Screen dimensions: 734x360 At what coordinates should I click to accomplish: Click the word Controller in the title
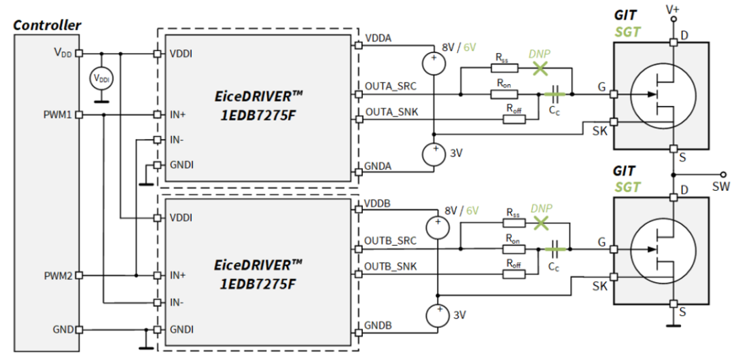point(47,25)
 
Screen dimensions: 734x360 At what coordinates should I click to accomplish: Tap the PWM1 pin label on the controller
point(58,115)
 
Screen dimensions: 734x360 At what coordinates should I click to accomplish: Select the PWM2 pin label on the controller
point(58,276)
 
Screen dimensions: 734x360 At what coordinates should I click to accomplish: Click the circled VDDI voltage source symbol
point(101,79)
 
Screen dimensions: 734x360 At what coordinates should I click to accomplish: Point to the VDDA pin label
point(379,39)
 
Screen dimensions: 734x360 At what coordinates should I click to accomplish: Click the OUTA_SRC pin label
point(390,86)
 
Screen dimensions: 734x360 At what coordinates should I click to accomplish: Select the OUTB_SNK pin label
point(390,267)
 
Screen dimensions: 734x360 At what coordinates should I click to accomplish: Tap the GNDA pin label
point(379,166)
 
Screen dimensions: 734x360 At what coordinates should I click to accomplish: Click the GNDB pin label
point(379,325)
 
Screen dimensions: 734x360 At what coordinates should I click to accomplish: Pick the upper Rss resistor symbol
point(504,69)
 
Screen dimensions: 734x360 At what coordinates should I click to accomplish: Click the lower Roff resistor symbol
point(514,274)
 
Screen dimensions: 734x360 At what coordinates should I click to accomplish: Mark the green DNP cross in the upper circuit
point(540,69)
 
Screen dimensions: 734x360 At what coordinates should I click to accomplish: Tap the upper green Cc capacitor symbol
point(555,94)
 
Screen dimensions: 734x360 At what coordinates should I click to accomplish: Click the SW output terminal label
point(721,186)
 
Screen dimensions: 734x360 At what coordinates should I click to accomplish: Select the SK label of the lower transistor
point(599,286)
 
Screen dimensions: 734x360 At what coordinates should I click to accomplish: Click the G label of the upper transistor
point(601,87)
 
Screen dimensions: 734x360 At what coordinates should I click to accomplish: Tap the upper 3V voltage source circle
point(434,154)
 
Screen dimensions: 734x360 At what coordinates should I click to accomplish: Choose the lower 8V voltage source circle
point(438,228)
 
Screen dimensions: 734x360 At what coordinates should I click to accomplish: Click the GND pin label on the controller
point(63,329)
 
